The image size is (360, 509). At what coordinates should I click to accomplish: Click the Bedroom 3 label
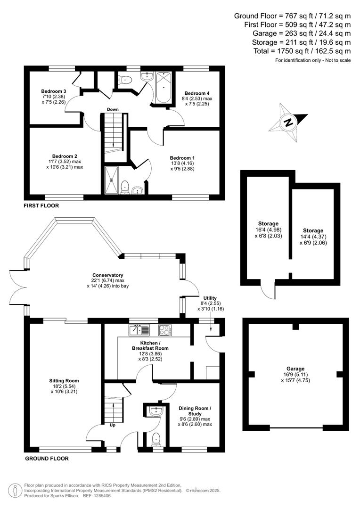[54, 91]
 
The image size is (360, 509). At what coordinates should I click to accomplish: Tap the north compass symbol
[287, 123]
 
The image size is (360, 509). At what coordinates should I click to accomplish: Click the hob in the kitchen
[165, 330]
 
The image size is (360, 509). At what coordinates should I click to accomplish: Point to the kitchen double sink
[139, 330]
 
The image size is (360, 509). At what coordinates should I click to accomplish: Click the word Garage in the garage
[295, 369]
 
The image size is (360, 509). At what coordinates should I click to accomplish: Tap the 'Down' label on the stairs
[113, 109]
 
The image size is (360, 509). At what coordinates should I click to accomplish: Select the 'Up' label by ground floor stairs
[112, 425]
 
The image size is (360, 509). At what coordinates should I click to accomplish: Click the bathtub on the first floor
[164, 88]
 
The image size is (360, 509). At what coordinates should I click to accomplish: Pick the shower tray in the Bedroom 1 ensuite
[112, 180]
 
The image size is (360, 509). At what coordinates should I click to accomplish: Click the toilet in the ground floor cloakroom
[156, 439]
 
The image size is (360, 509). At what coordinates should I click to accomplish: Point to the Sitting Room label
[64, 381]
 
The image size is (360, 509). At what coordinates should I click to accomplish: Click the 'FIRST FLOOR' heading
[41, 205]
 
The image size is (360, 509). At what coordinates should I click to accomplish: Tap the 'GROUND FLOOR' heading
[47, 459]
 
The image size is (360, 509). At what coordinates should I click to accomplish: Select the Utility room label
[210, 298]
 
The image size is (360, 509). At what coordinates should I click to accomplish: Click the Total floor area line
[302, 51]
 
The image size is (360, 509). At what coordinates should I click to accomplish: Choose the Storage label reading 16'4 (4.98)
[269, 230]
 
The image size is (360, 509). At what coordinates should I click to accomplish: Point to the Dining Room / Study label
[195, 411]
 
